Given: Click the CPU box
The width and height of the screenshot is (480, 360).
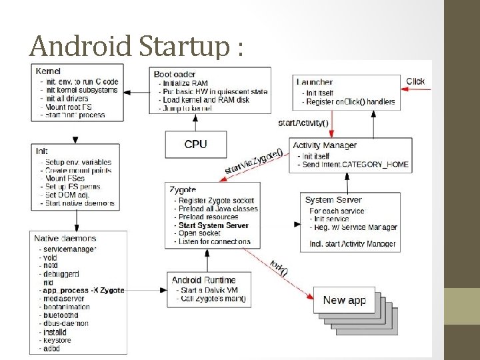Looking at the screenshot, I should pyautogui.click(x=196, y=144).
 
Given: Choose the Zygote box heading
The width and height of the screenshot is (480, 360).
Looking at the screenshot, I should pyautogui.click(x=183, y=190).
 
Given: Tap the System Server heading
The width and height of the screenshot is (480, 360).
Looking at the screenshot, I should pyautogui.click(x=333, y=199).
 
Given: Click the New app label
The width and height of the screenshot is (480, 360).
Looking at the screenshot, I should pyautogui.click(x=344, y=300).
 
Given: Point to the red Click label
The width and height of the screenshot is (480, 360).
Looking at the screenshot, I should pyautogui.click(x=415, y=81).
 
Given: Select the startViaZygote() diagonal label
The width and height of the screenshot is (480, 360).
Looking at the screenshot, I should pyautogui.click(x=253, y=162).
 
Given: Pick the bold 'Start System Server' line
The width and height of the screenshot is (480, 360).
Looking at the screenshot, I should pyautogui.click(x=213, y=225).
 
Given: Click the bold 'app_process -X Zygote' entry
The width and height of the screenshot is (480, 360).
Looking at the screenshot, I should pyautogui.click(x=83, y=290).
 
